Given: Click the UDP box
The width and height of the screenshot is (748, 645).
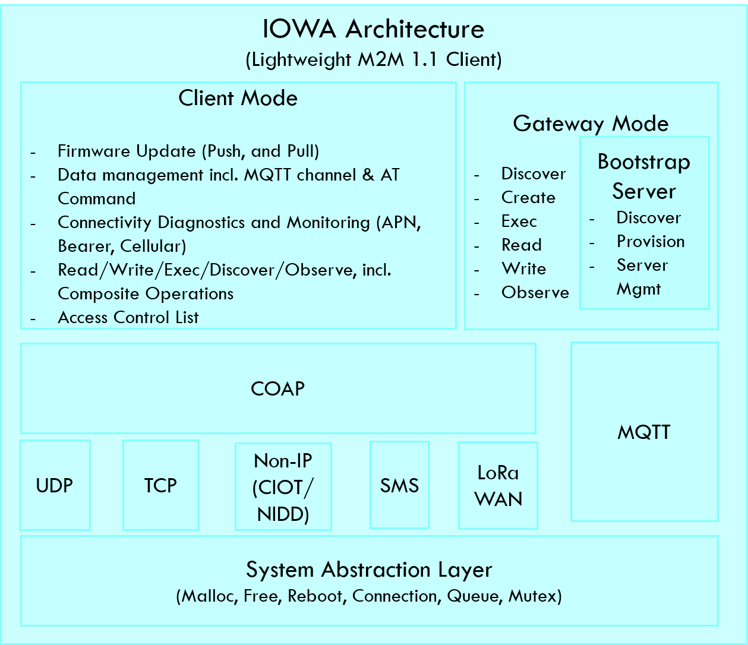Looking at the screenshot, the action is point(55,485).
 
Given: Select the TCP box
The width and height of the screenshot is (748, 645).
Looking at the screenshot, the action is point(160,485).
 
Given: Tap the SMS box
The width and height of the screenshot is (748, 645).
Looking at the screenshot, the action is point(399,485).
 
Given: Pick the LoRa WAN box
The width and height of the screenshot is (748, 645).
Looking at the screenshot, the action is point(498,485).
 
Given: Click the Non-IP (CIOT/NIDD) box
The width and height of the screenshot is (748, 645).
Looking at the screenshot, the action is point(283,486).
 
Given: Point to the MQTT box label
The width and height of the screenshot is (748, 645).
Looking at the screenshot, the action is point(644,432).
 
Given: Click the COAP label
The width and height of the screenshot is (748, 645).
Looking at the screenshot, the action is point(277,389).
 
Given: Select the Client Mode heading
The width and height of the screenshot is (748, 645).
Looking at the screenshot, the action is point(238,98).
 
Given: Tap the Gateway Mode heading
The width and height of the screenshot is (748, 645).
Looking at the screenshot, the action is point(591,124).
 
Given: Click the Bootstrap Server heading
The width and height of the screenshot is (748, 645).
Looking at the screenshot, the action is point(644,176).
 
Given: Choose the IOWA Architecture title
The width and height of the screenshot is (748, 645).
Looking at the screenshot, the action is point(373,29).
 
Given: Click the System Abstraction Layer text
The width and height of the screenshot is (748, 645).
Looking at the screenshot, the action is point(369,570).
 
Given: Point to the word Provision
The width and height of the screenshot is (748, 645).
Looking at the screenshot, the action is point(651,241).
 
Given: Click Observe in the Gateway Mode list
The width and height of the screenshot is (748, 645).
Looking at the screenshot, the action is point(535,292).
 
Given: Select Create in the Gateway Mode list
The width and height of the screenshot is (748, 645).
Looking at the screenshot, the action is point(528,198).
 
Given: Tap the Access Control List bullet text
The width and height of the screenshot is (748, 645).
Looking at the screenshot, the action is point(128,317).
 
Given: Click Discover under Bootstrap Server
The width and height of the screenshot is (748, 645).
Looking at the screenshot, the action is point(649,217).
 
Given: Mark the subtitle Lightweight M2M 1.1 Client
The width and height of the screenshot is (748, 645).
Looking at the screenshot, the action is point(374,59).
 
